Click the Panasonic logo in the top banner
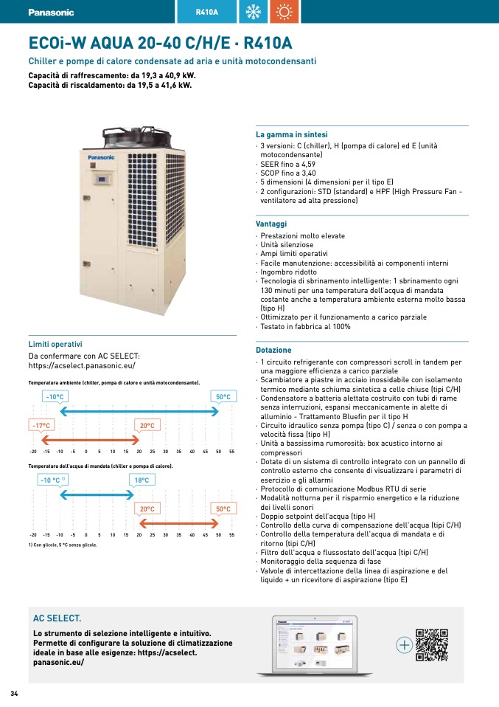pos(51,12)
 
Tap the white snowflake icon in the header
pos(253,12)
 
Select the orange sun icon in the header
pos(285,12)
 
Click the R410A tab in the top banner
pos(206,12)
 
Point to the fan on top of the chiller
pos(137,136)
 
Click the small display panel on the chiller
pos(102,180)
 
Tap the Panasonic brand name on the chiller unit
pos(101,157)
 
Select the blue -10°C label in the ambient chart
pos(55,397)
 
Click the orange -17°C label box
pos(41,425)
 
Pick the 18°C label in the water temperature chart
pos(142,480)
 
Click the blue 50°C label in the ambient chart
pos(223,397)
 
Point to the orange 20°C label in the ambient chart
pos(147,425)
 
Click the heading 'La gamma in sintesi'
pos(292,134)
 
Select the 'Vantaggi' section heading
pos(271,224)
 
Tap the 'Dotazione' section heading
pos(273,350)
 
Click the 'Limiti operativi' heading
pos(55,344)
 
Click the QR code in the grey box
pos(431,645)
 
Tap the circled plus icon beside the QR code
pos(404,645)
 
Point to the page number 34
pos(14,694)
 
